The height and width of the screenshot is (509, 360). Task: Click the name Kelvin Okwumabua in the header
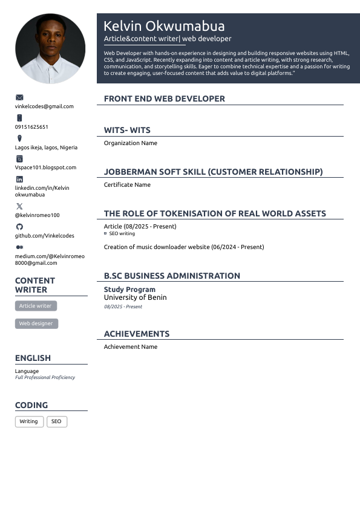pos(164,26)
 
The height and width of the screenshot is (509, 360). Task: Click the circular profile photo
pos(50,49)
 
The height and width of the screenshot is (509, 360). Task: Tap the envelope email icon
pos(19,97)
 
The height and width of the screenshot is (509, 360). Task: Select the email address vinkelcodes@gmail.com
pos(44,106)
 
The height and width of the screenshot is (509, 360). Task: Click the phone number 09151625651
pos(31,127)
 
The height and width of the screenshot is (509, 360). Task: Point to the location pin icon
pos(19,138)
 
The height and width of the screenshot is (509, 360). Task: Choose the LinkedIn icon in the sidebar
pos(19,179)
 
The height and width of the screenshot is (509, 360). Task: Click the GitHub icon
pos(19,227)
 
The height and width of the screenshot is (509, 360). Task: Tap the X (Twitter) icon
pos(19,206)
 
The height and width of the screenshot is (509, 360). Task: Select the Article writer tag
pos(36,306)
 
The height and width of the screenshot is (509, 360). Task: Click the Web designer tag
pos(36,323)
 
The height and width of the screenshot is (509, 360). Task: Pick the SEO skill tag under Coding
pos(56,421)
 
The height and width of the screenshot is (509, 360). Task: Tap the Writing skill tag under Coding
pos(29,421)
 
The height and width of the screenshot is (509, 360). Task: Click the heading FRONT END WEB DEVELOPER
pos(165,99)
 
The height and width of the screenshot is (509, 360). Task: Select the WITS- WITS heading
pos(127,130)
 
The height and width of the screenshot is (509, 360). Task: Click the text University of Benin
pos(135,297)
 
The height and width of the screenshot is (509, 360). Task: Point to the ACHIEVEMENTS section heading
pos(137,334)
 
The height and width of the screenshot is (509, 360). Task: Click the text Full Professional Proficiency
pos(45,377)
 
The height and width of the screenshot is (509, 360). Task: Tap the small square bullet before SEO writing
pos(105,233)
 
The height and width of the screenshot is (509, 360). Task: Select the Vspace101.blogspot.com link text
pos(45,167)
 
